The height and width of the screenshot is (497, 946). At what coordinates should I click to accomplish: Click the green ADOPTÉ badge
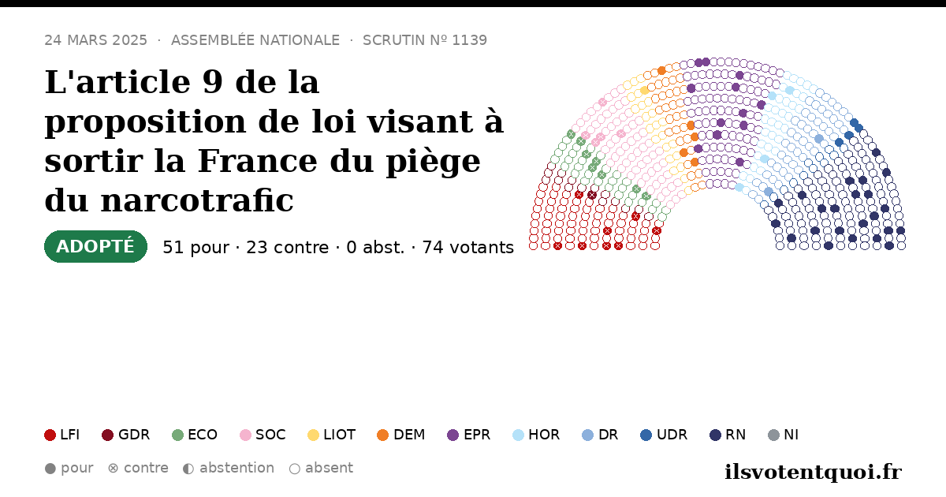pyautogui.click(x=95, y=246)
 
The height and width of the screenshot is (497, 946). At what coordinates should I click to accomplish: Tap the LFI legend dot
pyautogui.click(x=50, y=435)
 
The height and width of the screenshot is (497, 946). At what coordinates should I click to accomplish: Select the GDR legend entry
pyautogui.click(x=126, y=435)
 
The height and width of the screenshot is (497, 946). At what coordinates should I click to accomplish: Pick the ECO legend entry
pyautogui.click(x=195, y=435)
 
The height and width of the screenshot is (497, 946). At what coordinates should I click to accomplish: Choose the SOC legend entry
pyautogui.click(x=263, y=435)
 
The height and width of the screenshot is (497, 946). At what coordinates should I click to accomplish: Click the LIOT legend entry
pyautogui.click(x=332, y=435)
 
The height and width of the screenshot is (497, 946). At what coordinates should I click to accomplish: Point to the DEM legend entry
pyautogui.click(x=400, y=435)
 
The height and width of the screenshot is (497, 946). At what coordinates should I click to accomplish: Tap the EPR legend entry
pyautogui.click(x=469, y=435)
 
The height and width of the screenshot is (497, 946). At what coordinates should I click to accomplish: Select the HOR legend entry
pyautogui.click(x=536, y=435)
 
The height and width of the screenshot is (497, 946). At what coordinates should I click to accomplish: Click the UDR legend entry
pyautogui.click(x=664, y=435)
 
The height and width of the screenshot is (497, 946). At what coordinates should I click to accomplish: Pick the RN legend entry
pyautogui.click(x=728, y=435)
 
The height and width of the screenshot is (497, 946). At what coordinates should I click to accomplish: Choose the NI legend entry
pyautogui.click(x=783, y=435)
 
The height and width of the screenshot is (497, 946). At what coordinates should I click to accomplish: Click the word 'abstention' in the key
pyautogui.click(x=236, y=469)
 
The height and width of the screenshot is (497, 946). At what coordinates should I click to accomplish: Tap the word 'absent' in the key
pyautogui.click(x=329, y=469)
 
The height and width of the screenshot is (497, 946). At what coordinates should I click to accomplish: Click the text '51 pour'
pyautogui.click(x=196, y=248)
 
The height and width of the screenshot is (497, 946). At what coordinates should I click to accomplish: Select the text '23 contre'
pyautogui.click(x=287, y=248)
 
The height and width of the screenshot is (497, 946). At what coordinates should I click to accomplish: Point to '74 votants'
pyautogui.click(x=468, y=248)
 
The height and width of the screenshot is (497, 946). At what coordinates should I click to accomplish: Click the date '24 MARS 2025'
pyautogui.click(x=96, y=40)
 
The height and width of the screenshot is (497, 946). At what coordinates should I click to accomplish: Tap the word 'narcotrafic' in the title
pyautogui.click(x=197, y=200)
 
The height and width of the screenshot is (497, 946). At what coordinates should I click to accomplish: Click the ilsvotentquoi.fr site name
pyautogui.click(x=813, y=472)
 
